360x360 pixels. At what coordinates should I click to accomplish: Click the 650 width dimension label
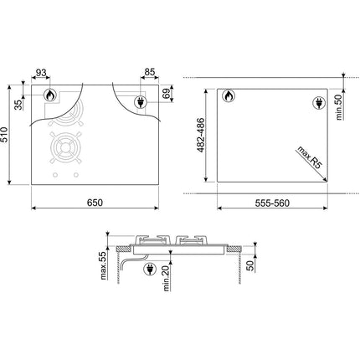(95, 203)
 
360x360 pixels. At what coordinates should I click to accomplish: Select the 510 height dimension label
(4, 135)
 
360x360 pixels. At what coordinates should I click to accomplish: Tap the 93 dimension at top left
(41, 73)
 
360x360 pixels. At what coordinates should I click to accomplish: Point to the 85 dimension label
(150, 72)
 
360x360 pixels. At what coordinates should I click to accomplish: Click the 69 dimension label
(166, 94)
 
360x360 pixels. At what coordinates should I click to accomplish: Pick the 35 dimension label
(18, 105)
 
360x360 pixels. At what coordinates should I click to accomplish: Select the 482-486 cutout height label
(201, 135)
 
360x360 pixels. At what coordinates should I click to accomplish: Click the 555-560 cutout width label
(272, 203)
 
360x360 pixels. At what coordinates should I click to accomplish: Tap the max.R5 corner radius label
(310, 157)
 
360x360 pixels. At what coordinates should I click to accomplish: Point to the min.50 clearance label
(339, 107)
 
